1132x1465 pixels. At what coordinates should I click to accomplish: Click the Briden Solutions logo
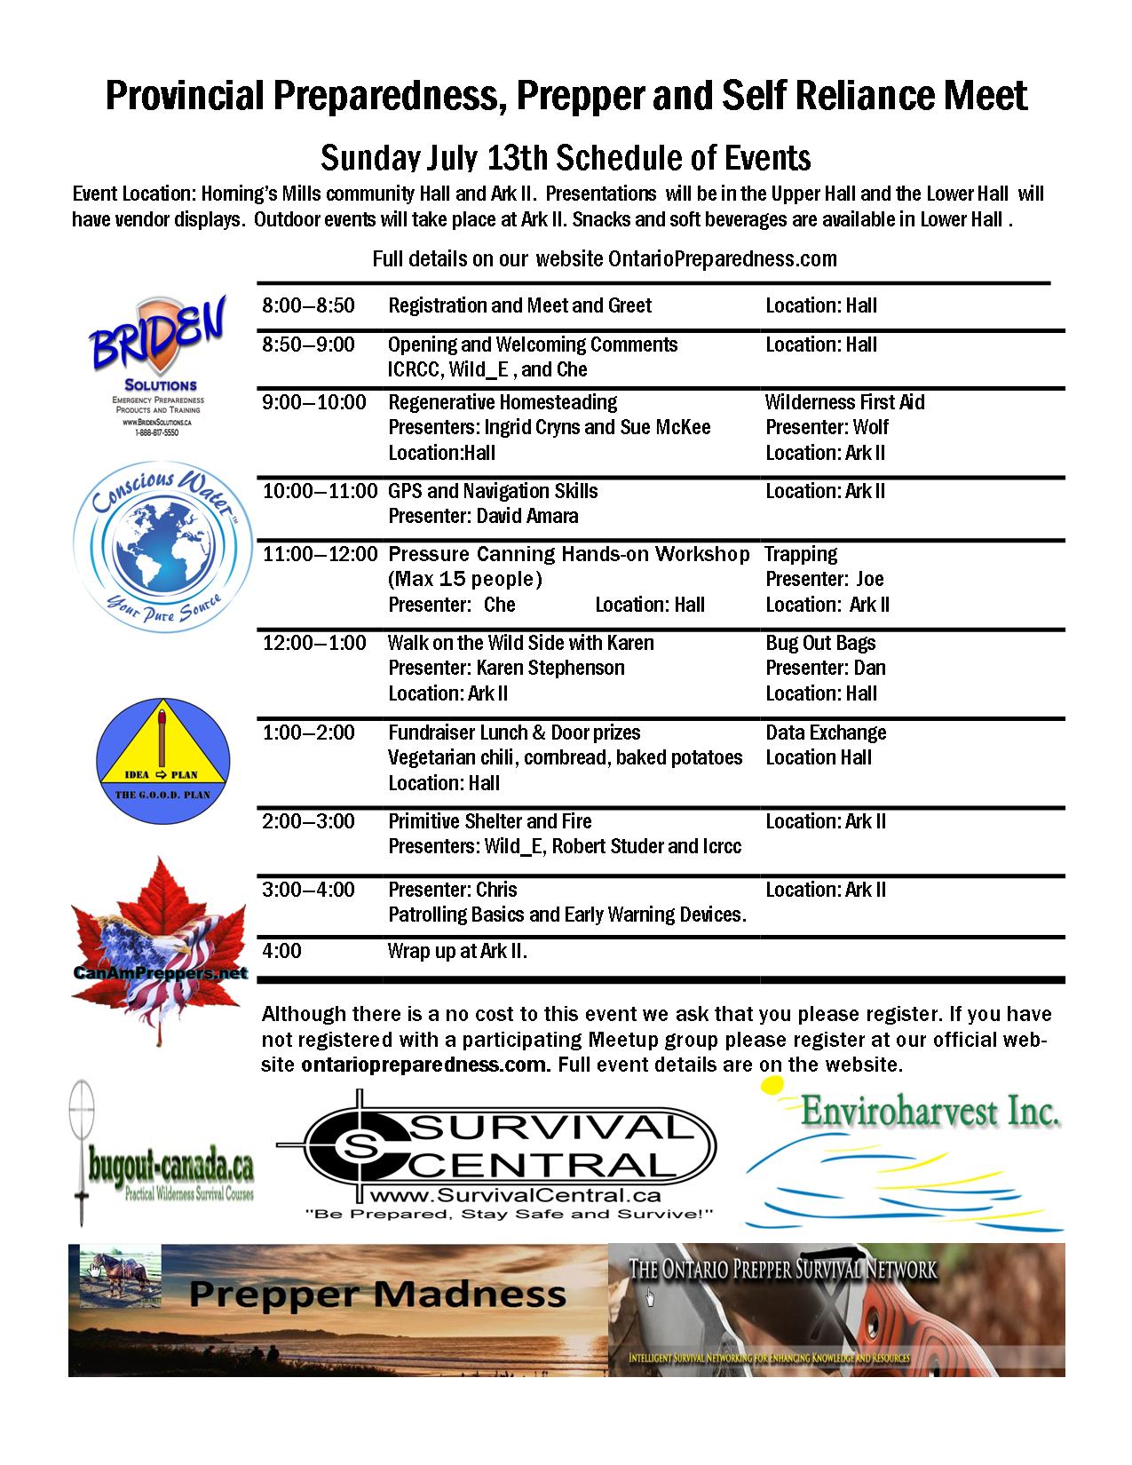click(155, 364)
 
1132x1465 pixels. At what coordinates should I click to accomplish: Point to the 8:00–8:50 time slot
click(308, 306)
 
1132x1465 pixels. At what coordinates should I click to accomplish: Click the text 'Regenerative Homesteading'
click(503, 402)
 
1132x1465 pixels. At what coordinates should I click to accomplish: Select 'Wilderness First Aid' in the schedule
click(844, 402)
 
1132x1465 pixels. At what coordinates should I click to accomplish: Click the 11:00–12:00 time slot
click(320, 554)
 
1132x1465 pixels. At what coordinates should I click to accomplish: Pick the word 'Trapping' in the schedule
click(801, 554)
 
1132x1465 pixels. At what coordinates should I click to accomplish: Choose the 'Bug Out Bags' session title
click(820, 643)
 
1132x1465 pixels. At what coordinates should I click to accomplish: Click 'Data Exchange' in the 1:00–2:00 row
click(826, 732)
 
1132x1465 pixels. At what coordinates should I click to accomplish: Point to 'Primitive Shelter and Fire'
click(489, 821)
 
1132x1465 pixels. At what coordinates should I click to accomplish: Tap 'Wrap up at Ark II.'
click(457, 952)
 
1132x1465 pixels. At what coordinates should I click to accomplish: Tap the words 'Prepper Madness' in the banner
click(377, 1294)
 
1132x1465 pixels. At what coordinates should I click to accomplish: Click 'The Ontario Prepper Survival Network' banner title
click(782, 1269)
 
